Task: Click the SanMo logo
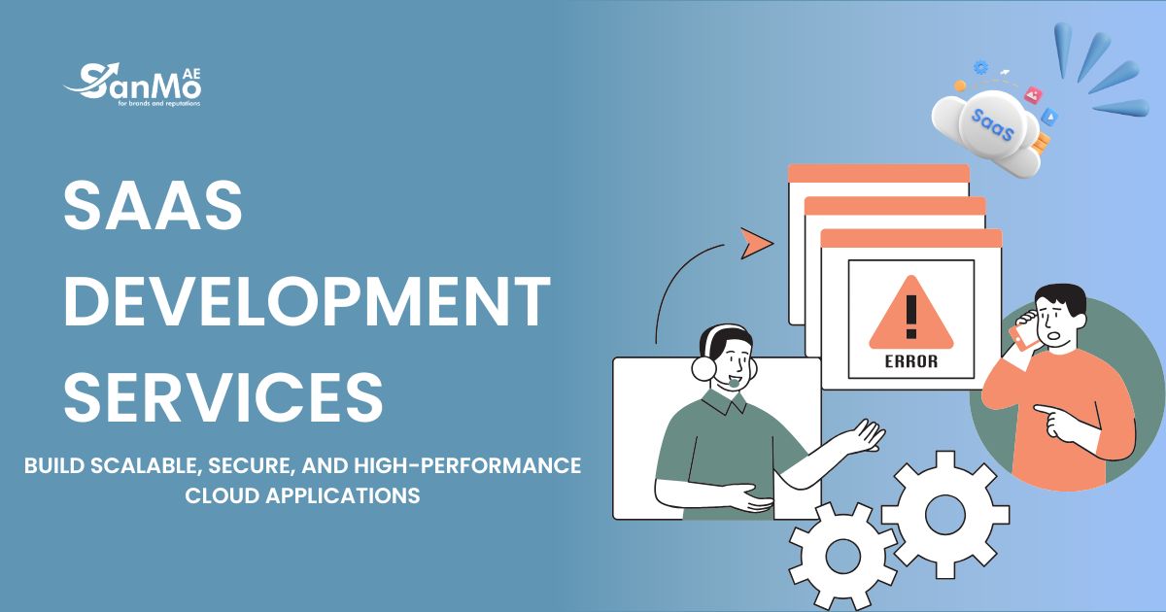point(132,85)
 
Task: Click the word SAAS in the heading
point(154,205)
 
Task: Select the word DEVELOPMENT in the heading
point(307,302)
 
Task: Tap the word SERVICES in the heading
point(223,397)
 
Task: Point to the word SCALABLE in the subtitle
point(147,466)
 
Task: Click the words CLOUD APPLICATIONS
point(302,495)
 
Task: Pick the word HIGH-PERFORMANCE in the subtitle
point(467,465)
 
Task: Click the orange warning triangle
point(911,312)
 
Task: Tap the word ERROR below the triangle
point(911,361)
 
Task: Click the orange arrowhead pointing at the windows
point(755,243)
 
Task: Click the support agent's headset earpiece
point(703,367)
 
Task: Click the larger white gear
point(944,515)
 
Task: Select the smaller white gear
point(843,556)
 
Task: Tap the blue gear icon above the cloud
point(980,67)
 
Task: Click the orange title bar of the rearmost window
point(878,173)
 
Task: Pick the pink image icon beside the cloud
point(1033,95)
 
